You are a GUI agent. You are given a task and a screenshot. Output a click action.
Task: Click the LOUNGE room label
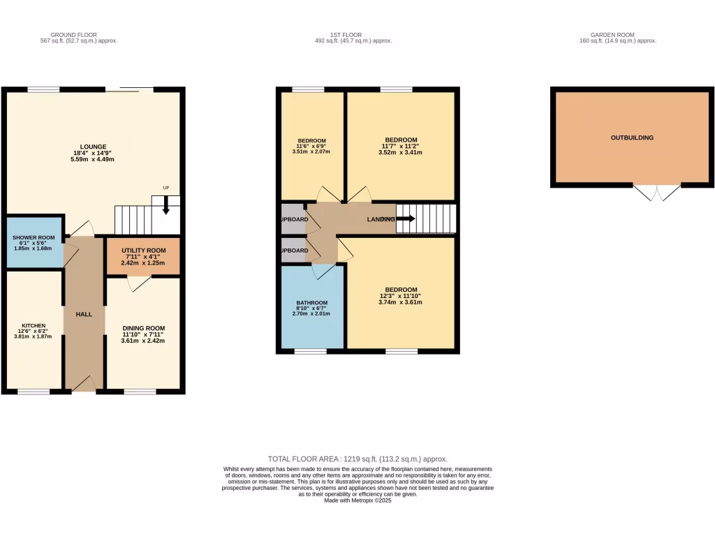point(92,147)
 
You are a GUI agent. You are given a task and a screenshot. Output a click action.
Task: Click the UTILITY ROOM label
point(143,251)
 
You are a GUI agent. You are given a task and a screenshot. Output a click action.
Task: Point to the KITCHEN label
point(34,326)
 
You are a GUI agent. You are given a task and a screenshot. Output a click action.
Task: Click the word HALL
point(84,315)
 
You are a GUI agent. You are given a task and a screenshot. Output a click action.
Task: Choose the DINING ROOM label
point(143,328)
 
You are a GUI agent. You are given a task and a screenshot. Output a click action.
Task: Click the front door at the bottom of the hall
point(84,383)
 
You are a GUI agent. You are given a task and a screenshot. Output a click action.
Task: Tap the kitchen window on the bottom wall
point(34,392)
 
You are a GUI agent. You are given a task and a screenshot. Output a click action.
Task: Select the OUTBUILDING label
point(632,138)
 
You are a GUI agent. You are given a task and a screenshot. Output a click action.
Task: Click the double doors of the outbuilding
point(656,192)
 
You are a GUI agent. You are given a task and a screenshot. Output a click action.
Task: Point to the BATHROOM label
point(311,303)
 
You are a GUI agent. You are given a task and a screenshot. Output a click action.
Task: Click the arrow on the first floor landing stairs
point(406,219)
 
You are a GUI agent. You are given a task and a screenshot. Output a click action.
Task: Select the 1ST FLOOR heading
point(353,35)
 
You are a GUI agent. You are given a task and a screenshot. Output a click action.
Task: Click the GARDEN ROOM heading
point(617,35)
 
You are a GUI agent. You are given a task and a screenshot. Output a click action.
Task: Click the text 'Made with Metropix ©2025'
point(357,500)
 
